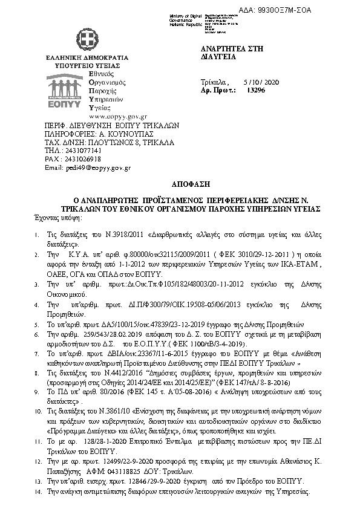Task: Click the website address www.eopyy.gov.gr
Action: pos(118,115)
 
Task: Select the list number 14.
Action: pos(34,493)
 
